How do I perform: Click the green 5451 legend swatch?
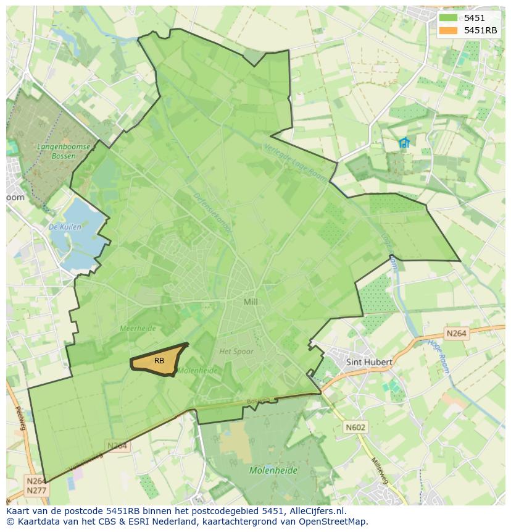(449, 18)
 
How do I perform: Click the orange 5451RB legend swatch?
(449, 30)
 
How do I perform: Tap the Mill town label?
(251, 302)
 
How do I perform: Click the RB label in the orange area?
(159, 361)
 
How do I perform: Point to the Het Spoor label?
(236, 352)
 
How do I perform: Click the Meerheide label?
(138, 329)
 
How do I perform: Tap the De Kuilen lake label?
(65, 227)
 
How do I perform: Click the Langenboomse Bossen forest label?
(64, 151)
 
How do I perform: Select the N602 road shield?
(355, 427)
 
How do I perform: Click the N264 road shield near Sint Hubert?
(456, 334)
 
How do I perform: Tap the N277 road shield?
(36, 491)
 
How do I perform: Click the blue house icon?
(404, 143)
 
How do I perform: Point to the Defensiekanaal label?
(212, 214)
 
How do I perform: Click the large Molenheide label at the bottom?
(273, 470)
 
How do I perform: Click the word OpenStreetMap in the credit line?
(334, 521)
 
